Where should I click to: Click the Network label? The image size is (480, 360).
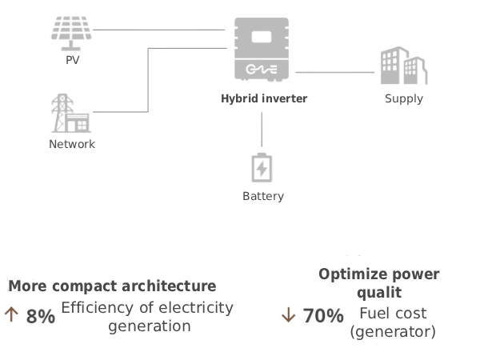(x=72, y=144)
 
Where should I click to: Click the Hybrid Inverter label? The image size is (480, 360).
(x=263, y=98)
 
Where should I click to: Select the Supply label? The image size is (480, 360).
(x=403, y=99)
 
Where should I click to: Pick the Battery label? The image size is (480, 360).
(x=262, y=195)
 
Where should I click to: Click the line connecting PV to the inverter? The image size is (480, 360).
(x=160, y=30)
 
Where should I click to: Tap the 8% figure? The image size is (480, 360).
(x=40, y=316)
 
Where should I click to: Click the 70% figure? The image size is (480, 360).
(x=323, y=316)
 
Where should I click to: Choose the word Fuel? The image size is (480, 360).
(x=375, y=313)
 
